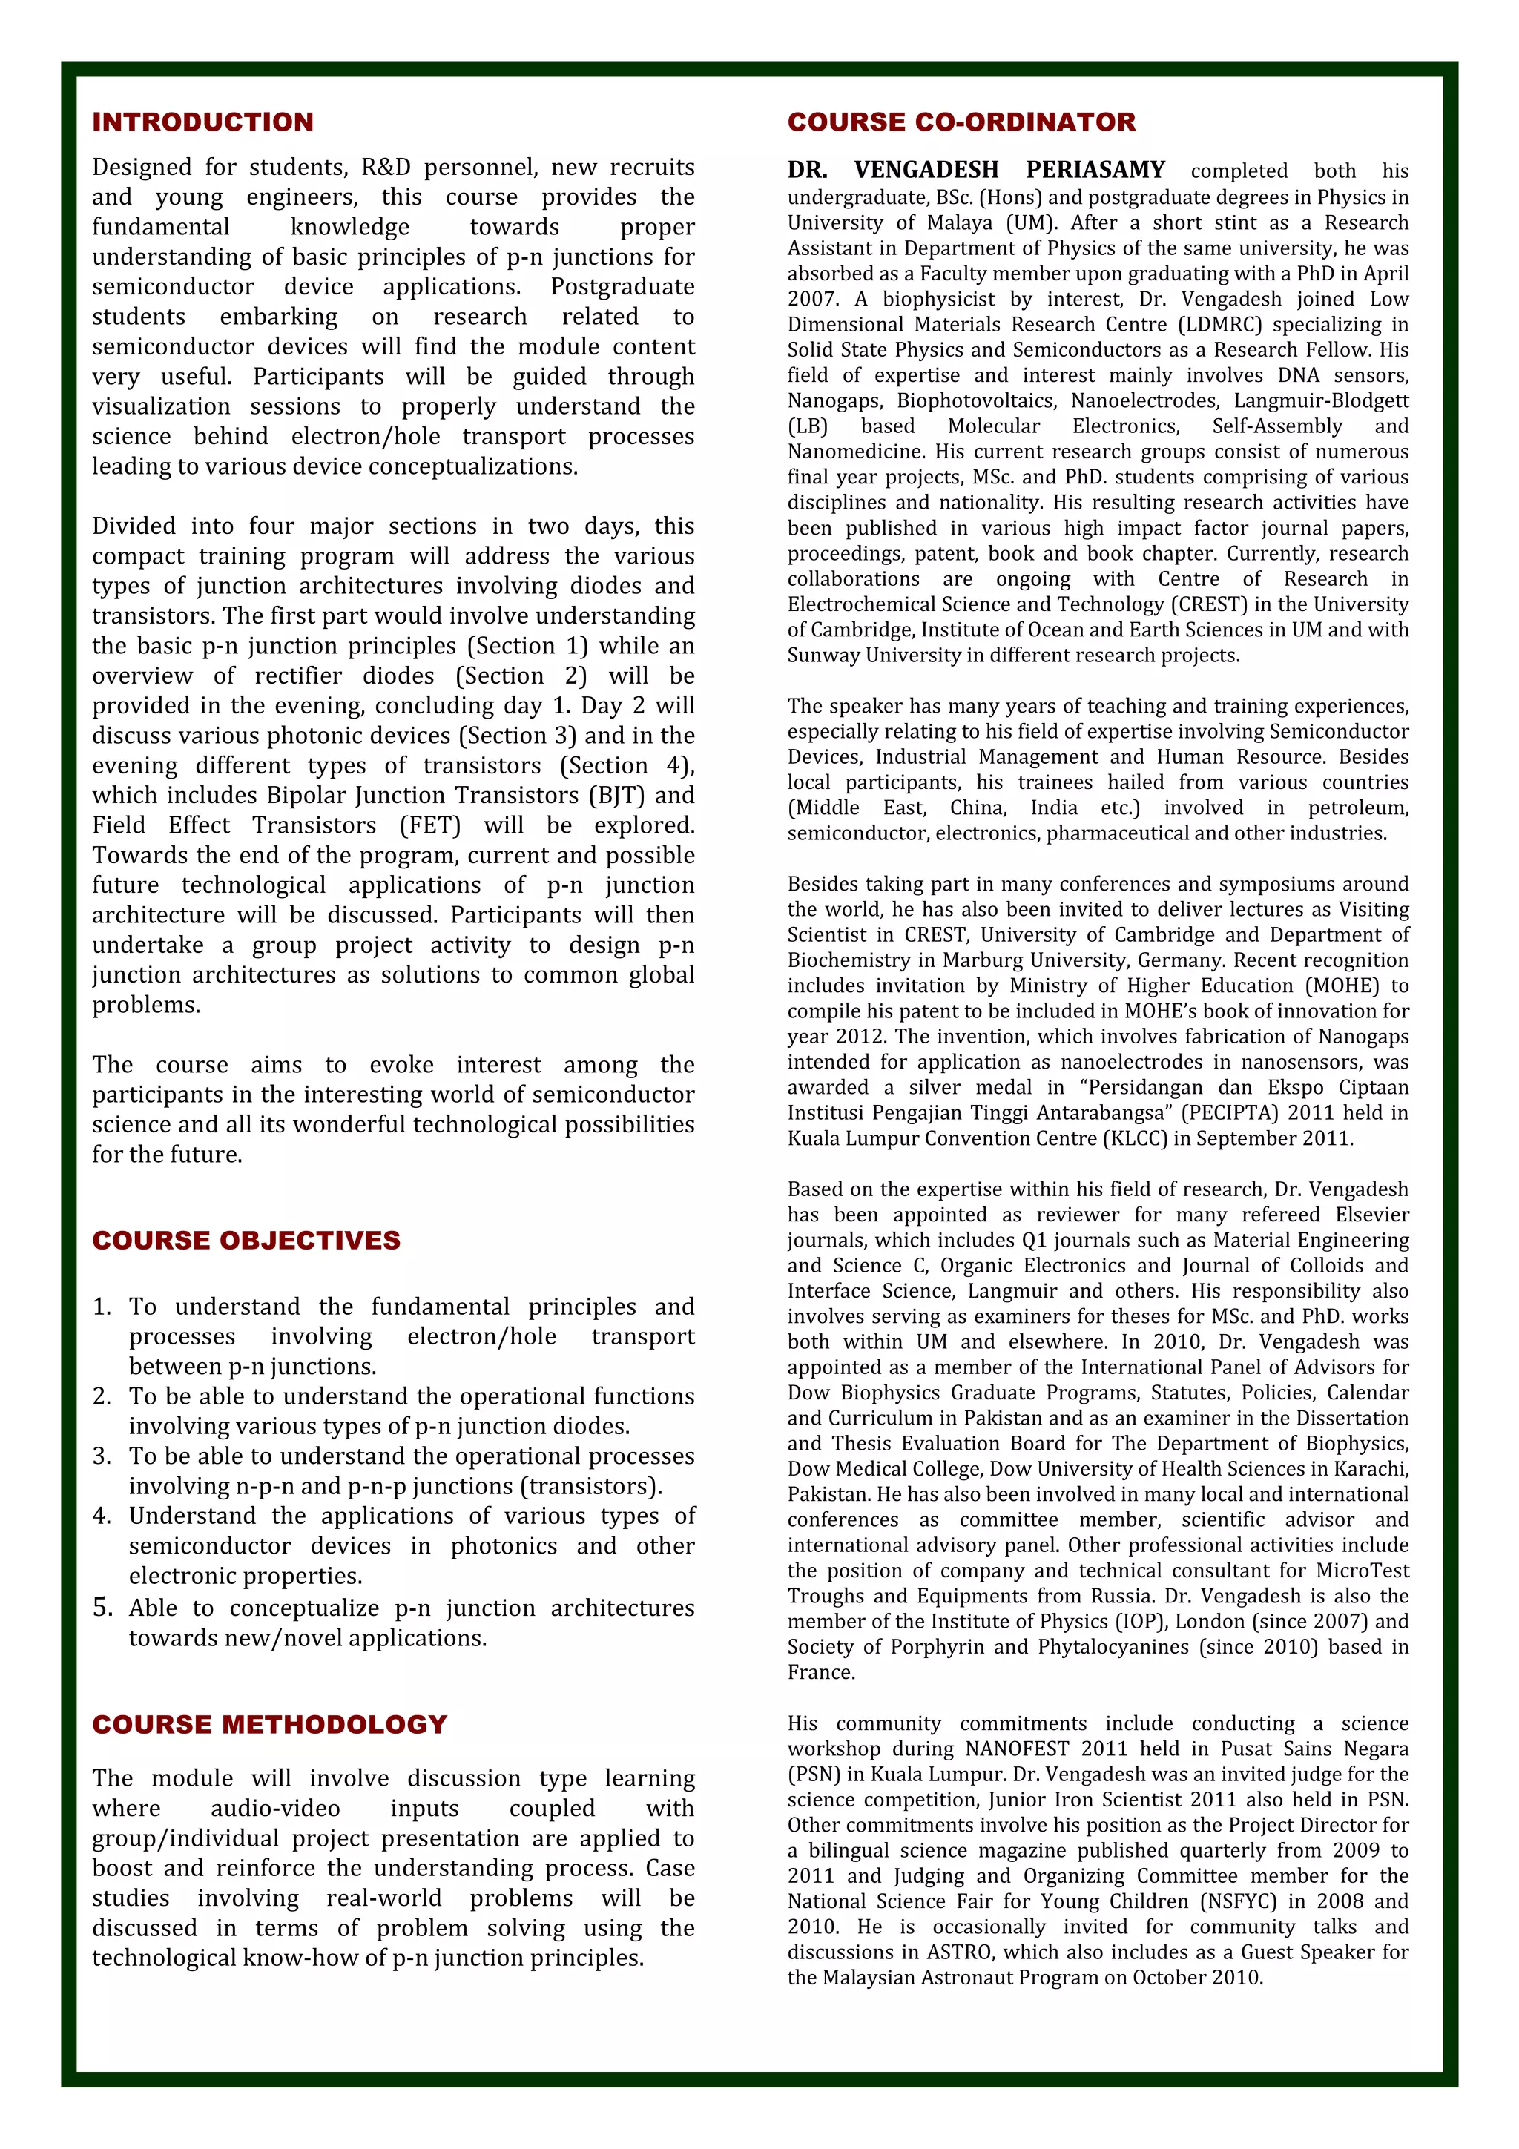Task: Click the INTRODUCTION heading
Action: click(x=203, y=122)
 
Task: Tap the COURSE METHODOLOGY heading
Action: click(x=269, y=1724)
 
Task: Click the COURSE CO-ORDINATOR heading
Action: click(x=961, y=122)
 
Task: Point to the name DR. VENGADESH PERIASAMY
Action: click(x=976, y=171)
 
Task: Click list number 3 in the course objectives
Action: click(x=102, y=1456)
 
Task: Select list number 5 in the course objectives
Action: click(x=102, y=1608)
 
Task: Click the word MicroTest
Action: click(x=1358, y=1571)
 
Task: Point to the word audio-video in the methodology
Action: click(x=274, y=1809)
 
